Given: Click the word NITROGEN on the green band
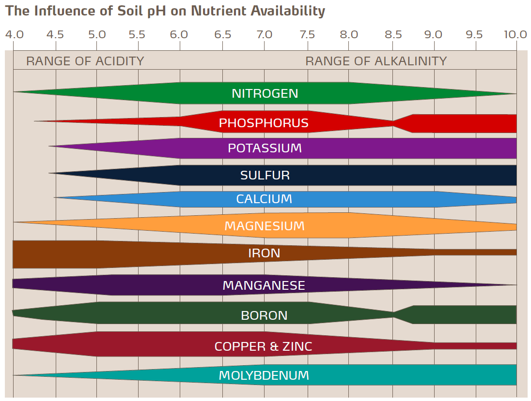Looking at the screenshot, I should pos(265,93).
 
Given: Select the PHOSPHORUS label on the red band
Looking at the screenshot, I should pos(264,123).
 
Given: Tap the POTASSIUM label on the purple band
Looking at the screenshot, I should pos(265,148).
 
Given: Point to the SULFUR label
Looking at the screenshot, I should pos(265,175).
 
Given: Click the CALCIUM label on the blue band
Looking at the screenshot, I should pos(264,199).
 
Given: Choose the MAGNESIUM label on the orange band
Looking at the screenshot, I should pos(265,226).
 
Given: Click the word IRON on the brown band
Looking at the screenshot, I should pos(264,253).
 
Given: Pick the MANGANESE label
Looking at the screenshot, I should pos(264,285).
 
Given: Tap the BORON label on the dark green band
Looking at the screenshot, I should pos(264,315).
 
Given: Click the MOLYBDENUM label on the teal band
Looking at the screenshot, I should pos(264,375).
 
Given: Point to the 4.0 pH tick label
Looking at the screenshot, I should pos(14,34).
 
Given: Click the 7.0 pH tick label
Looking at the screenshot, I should pos(264,34).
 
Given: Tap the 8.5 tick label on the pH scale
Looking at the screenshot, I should pos(393,34).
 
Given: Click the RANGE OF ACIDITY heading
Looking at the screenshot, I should pos(85,61).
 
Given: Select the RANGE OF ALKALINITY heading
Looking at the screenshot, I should pos(376,61).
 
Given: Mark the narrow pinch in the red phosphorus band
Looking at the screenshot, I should pos(393,123).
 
